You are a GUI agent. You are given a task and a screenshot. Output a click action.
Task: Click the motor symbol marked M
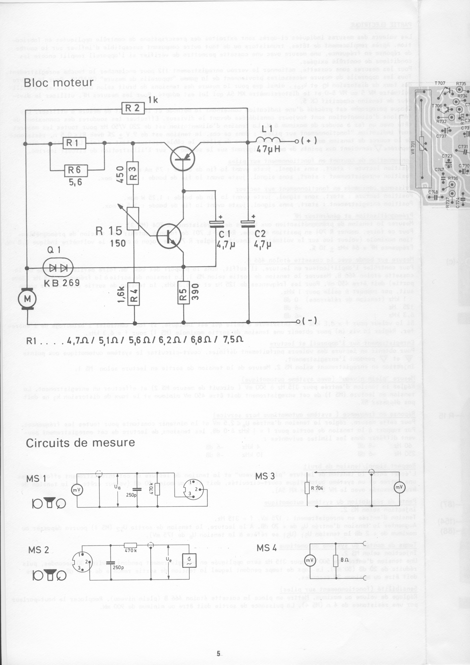point(27,299)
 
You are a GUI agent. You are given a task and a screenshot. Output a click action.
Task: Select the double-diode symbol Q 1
point(58,268)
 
